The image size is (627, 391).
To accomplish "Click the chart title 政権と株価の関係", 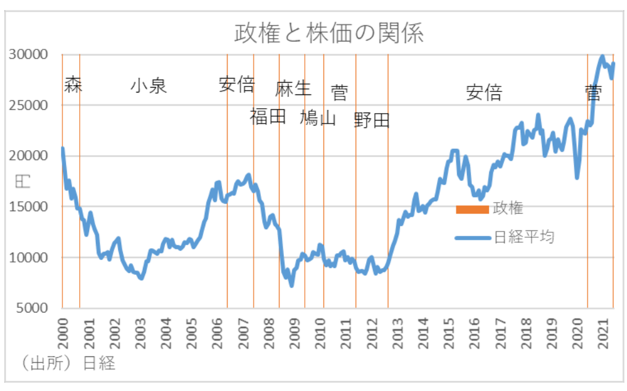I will pos(328,33).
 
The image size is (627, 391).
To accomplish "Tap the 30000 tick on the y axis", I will pos(28,54).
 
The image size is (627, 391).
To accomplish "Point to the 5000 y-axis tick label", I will pos(32,308).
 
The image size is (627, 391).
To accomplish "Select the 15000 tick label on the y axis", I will pos(28,207).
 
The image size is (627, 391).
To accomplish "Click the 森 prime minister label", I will pos(73,85).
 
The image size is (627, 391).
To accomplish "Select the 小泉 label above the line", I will pos(148,85).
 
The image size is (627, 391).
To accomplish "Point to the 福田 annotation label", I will pos(268,116).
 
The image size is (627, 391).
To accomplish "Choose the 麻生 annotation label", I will pos(293,88).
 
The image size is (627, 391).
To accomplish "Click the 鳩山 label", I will pos(318,117).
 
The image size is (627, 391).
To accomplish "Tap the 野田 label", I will pos(372,120).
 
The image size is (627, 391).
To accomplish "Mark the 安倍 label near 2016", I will pos(484,93).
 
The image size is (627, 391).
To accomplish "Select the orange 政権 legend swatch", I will pos(472,209).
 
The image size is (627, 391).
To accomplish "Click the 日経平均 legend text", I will pos(523,237).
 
